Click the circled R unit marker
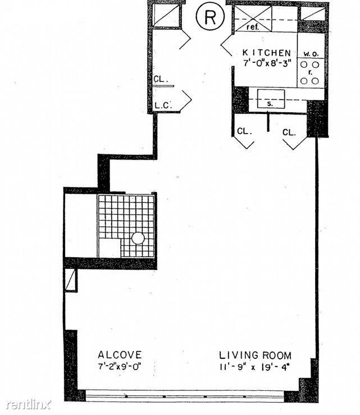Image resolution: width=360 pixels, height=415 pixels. click(210, 17)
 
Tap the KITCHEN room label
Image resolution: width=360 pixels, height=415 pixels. click(267, 53)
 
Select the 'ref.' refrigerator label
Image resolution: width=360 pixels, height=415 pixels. click(253, 27)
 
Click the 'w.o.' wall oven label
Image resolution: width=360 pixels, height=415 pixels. click(311, 54)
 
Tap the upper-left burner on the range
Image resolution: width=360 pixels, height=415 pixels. click(304, 65)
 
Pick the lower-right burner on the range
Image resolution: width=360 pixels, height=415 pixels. click(315, 81)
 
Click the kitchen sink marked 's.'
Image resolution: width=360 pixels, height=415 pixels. click(271, 99)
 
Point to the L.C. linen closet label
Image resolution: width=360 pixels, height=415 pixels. click(163, 106)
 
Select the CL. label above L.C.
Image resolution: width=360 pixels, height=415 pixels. click(161, 79)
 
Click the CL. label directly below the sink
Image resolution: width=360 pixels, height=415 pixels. click(244, 131)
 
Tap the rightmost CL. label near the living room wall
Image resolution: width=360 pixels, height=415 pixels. click(289, 133)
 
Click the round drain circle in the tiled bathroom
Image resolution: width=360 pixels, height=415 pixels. click(138, 238)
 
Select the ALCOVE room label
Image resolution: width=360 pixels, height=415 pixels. click(120, 355)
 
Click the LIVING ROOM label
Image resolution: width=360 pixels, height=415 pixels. click(256, 355)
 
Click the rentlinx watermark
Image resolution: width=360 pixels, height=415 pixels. click(29, 404)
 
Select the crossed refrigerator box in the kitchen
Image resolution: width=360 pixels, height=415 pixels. click(253, 19)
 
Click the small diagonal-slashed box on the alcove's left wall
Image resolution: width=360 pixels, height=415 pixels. click(71, 280)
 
